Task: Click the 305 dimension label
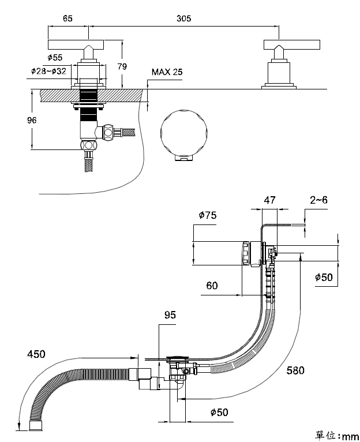click(183, 18)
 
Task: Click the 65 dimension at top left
click(67, 18)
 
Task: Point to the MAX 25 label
click(167, 72)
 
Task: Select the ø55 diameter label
click(55, 58)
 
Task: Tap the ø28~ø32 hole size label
click(48, 71)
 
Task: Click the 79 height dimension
click(122, 66)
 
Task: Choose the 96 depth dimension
click(32, 120)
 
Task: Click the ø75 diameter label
click(208, 215)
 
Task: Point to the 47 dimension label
click(269, 200)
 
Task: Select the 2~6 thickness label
click(319, 200)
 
